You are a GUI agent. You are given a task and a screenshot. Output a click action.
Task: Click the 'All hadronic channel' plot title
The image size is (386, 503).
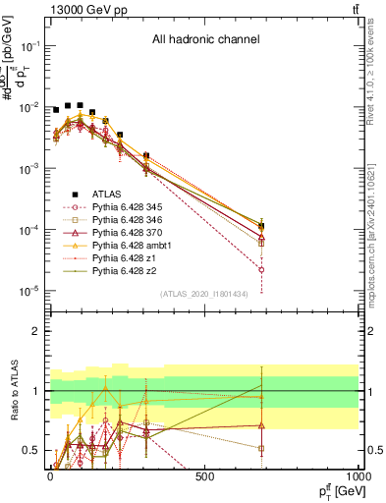(x=205, y=40)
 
